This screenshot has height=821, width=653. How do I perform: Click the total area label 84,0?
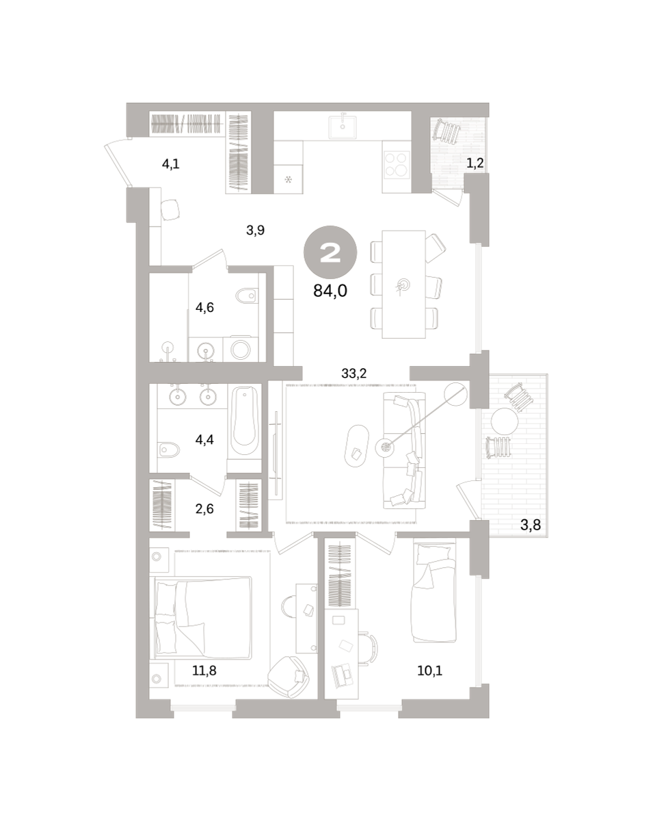[x=330, y=291]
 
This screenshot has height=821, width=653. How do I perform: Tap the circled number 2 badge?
[x=330, y=252]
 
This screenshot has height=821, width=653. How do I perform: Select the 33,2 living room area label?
[x=354, y=374]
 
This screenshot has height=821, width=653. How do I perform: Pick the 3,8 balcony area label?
[x=531, y=525]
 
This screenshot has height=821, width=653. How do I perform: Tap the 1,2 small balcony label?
[x=475, y=164]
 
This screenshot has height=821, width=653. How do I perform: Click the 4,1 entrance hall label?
[x=170, y=164]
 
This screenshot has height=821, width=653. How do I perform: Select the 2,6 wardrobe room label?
[x=204, y=509]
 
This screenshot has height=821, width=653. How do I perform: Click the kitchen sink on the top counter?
[x=343, y=127]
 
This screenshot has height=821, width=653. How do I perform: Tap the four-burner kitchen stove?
[x=397, y=164]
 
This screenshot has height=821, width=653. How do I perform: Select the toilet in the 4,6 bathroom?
[x=246, y=296]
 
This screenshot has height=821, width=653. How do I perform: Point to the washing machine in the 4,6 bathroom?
[x=240, y=348]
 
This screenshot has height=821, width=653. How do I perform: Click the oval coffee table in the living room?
[x=357, y=445]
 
